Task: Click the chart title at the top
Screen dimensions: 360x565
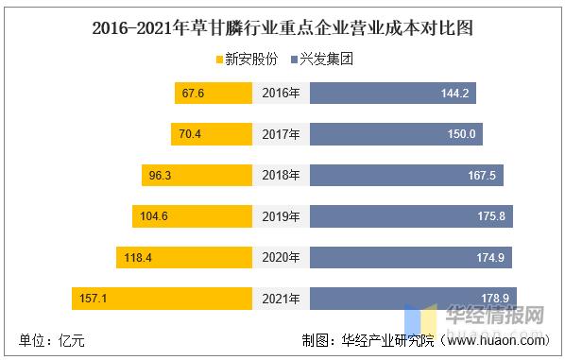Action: click(x=282, y=27)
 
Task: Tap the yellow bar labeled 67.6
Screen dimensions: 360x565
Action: click(x=214, y=93)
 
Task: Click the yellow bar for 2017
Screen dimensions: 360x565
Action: click(x=211, y=134)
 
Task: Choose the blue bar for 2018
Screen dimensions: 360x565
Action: click(x=407, y=175)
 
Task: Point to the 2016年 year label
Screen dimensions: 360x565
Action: click(x=282, y=93)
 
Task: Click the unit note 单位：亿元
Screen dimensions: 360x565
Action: click(x=52, y=341)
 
